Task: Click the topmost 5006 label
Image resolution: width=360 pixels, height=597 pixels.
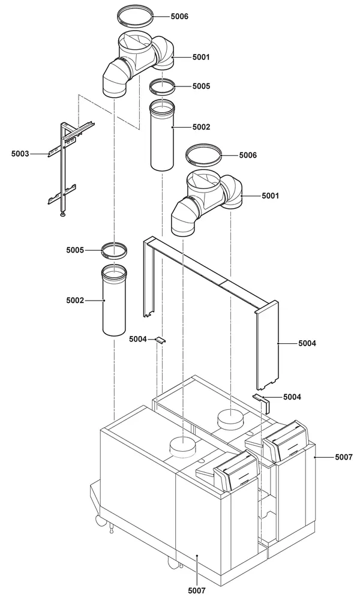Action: point(179,16)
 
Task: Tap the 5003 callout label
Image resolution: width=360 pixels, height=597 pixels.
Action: point(20,154)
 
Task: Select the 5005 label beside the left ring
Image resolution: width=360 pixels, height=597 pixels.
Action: point(75,250)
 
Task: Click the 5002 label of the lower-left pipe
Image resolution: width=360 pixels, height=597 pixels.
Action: point(75,301)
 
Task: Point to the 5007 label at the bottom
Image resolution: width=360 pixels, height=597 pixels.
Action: point(197,590)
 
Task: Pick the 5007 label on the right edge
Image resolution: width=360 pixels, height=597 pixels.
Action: point(344,457)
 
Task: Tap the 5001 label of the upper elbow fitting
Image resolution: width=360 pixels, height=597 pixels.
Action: point(201,57)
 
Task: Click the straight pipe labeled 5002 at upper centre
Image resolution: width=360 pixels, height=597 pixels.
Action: point(163,135)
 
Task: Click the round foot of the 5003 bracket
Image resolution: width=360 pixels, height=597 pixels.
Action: point(62,215)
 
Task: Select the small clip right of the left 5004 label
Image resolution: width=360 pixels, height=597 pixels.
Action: point(161,341)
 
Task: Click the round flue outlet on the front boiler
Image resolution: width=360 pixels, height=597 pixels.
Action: point(183,446)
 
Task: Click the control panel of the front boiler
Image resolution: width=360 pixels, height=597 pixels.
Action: point(237,472)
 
